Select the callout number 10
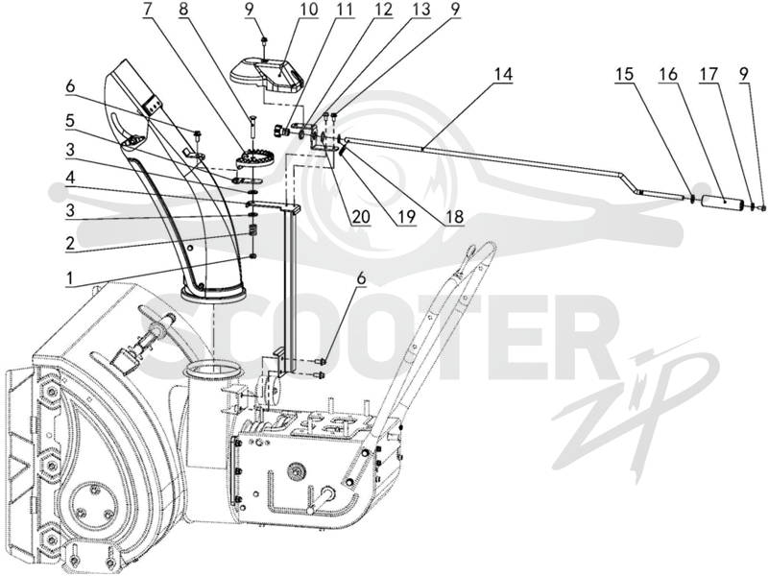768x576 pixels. point(308,9)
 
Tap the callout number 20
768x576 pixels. point(361,216)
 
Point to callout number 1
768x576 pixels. point(70,278)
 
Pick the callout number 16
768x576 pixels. point(668,75)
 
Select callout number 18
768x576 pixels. point(455,216)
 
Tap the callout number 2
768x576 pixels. point(70,243)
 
